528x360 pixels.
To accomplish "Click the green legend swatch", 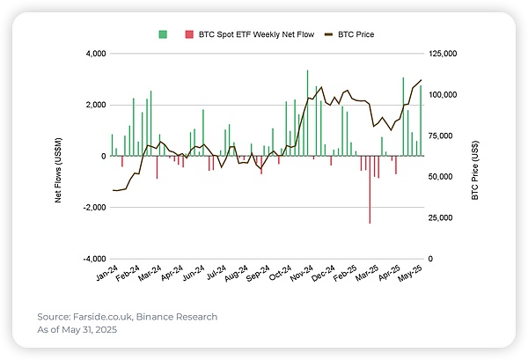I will (x=163, y=34).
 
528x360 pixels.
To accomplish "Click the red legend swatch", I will (x=188, y=34).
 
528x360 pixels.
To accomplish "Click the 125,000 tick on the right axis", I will (x=446, y=54).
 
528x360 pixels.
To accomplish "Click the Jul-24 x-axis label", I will (x=214, y=274).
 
